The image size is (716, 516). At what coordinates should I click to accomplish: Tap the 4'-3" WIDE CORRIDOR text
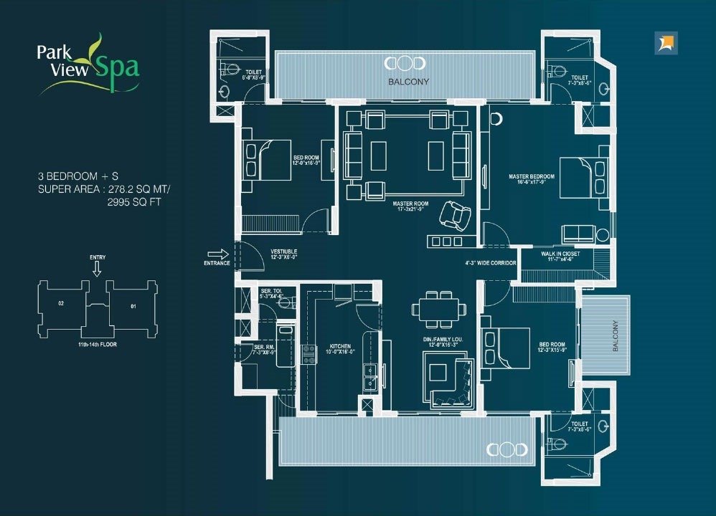tap(491, 263)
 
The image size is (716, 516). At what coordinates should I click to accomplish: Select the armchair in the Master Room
tap(455, 214)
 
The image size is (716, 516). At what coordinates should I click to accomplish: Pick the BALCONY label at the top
tap(408, 82)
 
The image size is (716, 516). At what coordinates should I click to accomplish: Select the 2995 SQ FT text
tap(131, 202)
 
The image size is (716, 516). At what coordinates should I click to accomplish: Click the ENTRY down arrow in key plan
tap(97, 269)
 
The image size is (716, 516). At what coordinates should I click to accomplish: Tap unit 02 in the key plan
tap(62, 304)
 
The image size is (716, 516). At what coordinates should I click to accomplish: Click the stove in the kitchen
tap(309, 355)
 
